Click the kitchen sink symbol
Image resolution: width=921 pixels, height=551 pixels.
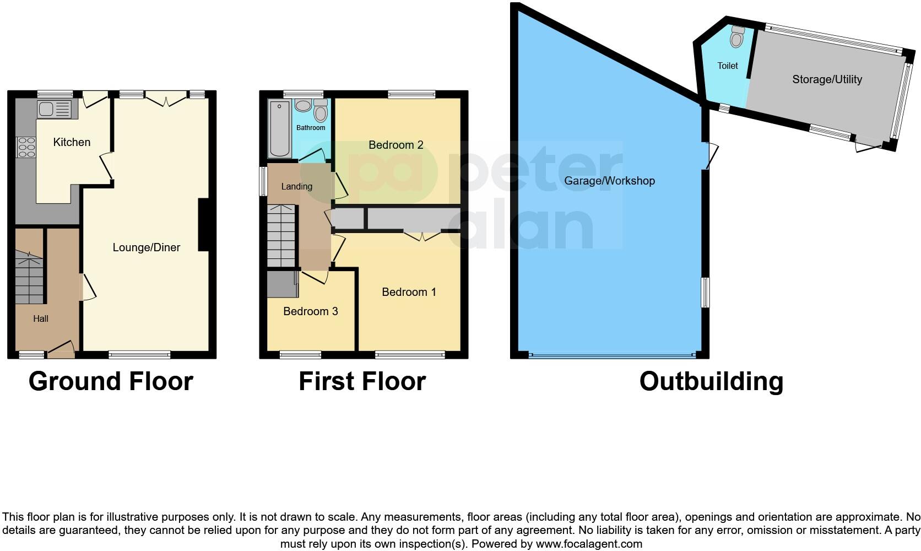(54, 109)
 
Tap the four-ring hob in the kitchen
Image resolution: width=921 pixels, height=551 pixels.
(26, 147)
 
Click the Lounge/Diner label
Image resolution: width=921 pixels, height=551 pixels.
(146, 247)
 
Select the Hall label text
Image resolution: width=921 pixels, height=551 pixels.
(41, 318)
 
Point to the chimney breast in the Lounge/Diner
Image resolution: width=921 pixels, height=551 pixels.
(203, 225)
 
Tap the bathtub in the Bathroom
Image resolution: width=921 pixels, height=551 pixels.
(280, 128)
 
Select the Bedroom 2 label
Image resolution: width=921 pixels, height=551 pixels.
(396, 145)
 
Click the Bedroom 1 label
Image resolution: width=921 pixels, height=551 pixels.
(409, 292)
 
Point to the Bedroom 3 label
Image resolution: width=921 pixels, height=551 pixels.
(310, 311)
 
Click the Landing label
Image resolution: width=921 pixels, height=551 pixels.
(296, 186)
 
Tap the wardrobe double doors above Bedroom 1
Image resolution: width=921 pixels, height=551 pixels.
(422, 235)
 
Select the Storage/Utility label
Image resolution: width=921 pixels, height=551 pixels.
(826, 79)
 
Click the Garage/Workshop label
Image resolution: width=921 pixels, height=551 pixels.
(609, 181)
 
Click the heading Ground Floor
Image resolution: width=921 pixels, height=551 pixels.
(111, 381)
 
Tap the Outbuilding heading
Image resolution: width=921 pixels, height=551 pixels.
(711, 381)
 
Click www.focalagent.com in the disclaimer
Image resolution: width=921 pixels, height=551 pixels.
(589, 544)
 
